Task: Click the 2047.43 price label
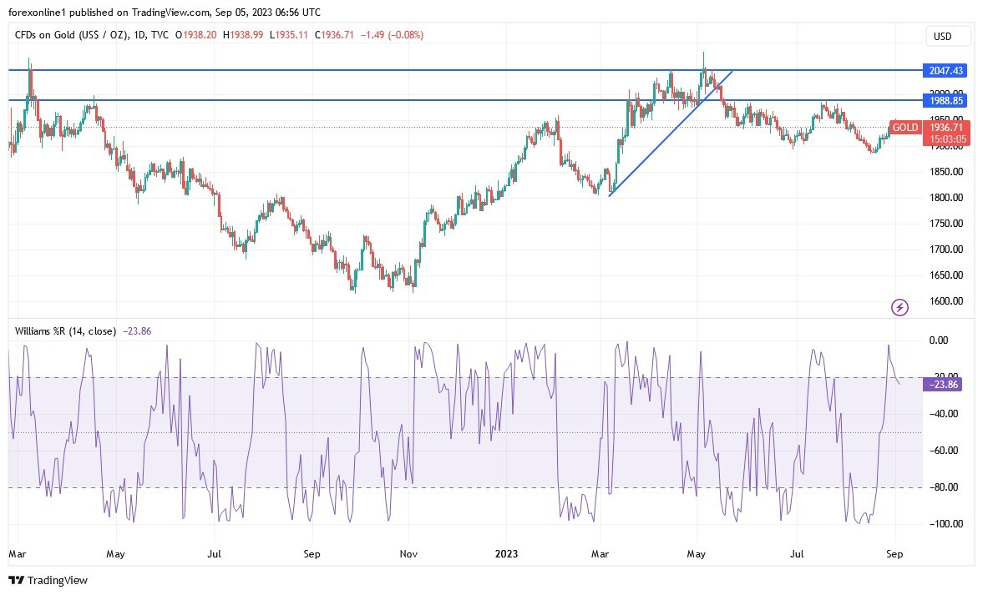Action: click(943, 71)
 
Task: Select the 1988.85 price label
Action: click(943, 100)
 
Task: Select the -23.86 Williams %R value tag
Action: click(943, 385)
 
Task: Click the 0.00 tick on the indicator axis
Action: click(939, 340)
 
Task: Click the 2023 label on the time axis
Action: click(506, 553)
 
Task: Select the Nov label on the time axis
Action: click(408, 553)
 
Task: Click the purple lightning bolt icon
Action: click(900, 307)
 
